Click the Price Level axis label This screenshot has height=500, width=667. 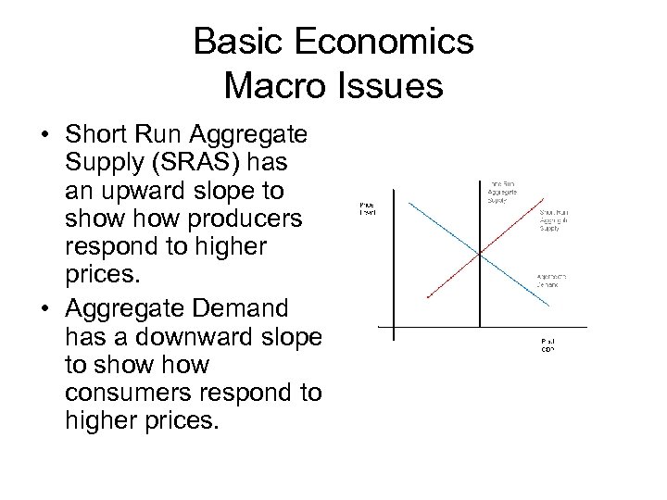tap(368, 207)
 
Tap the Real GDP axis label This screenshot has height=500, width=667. tap(549, 344)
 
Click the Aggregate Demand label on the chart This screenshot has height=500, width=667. tap(553, 281)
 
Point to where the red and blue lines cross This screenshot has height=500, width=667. tap(476, 254)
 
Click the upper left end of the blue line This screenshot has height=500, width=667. tap(393, 196)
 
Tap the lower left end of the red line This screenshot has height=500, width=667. tap(426, 296)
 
